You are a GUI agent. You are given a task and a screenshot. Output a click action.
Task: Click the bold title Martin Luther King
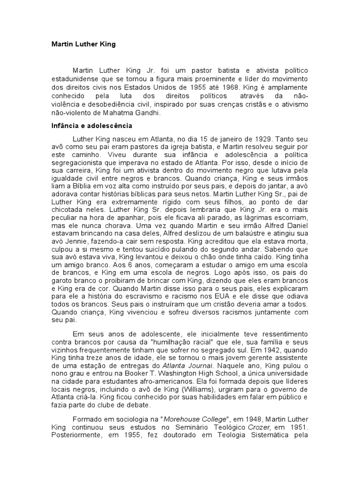click(x=83, y=45)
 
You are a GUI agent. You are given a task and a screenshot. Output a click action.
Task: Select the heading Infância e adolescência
click(x=91, y=126)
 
